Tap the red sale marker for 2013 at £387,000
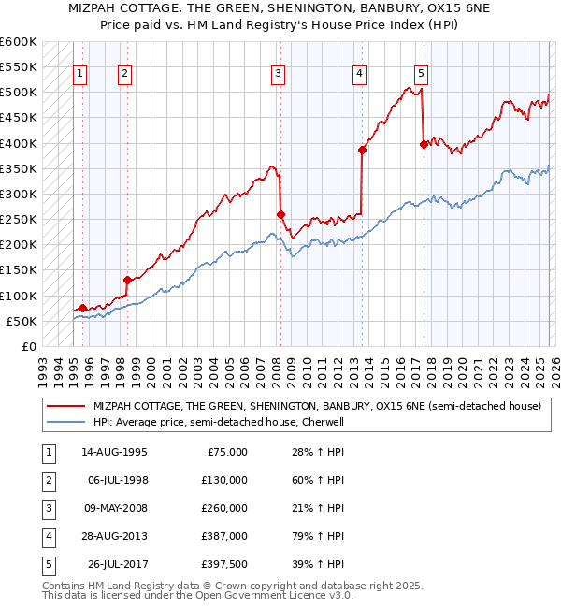362,150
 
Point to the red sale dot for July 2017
424,144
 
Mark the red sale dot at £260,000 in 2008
280,214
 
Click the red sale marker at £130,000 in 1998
127,280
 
